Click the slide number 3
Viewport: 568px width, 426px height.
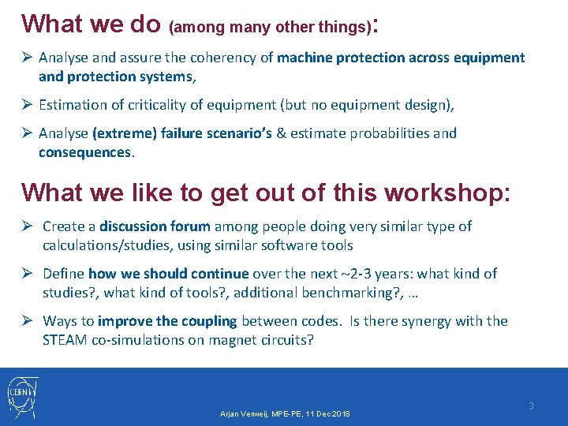531,406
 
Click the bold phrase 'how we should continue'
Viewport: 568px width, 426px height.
168,274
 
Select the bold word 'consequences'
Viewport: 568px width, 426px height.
85,152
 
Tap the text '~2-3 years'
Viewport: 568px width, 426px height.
376,274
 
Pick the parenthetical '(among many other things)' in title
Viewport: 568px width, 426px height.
269,28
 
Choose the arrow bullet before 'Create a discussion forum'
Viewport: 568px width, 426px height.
28,226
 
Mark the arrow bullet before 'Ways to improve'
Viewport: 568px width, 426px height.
28,321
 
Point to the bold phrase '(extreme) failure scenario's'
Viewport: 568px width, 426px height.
182,133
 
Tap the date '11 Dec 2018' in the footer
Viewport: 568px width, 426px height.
323,414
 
